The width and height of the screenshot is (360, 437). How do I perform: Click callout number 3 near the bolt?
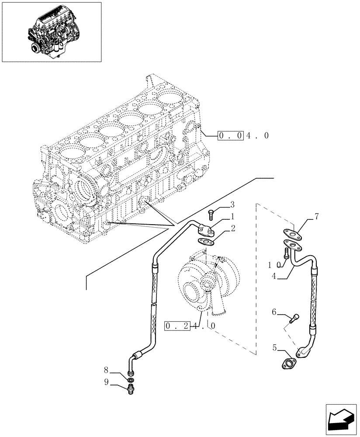[x=232, y=205]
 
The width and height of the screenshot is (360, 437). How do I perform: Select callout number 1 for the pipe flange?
[x=233, y=216]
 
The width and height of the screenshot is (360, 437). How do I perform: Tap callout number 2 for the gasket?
[x=233, y=228]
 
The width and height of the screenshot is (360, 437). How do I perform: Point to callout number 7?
[x=317, y=216]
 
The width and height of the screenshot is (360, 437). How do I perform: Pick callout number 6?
[x=274, y=312]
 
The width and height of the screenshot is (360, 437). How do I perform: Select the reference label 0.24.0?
[x=190, y=326]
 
